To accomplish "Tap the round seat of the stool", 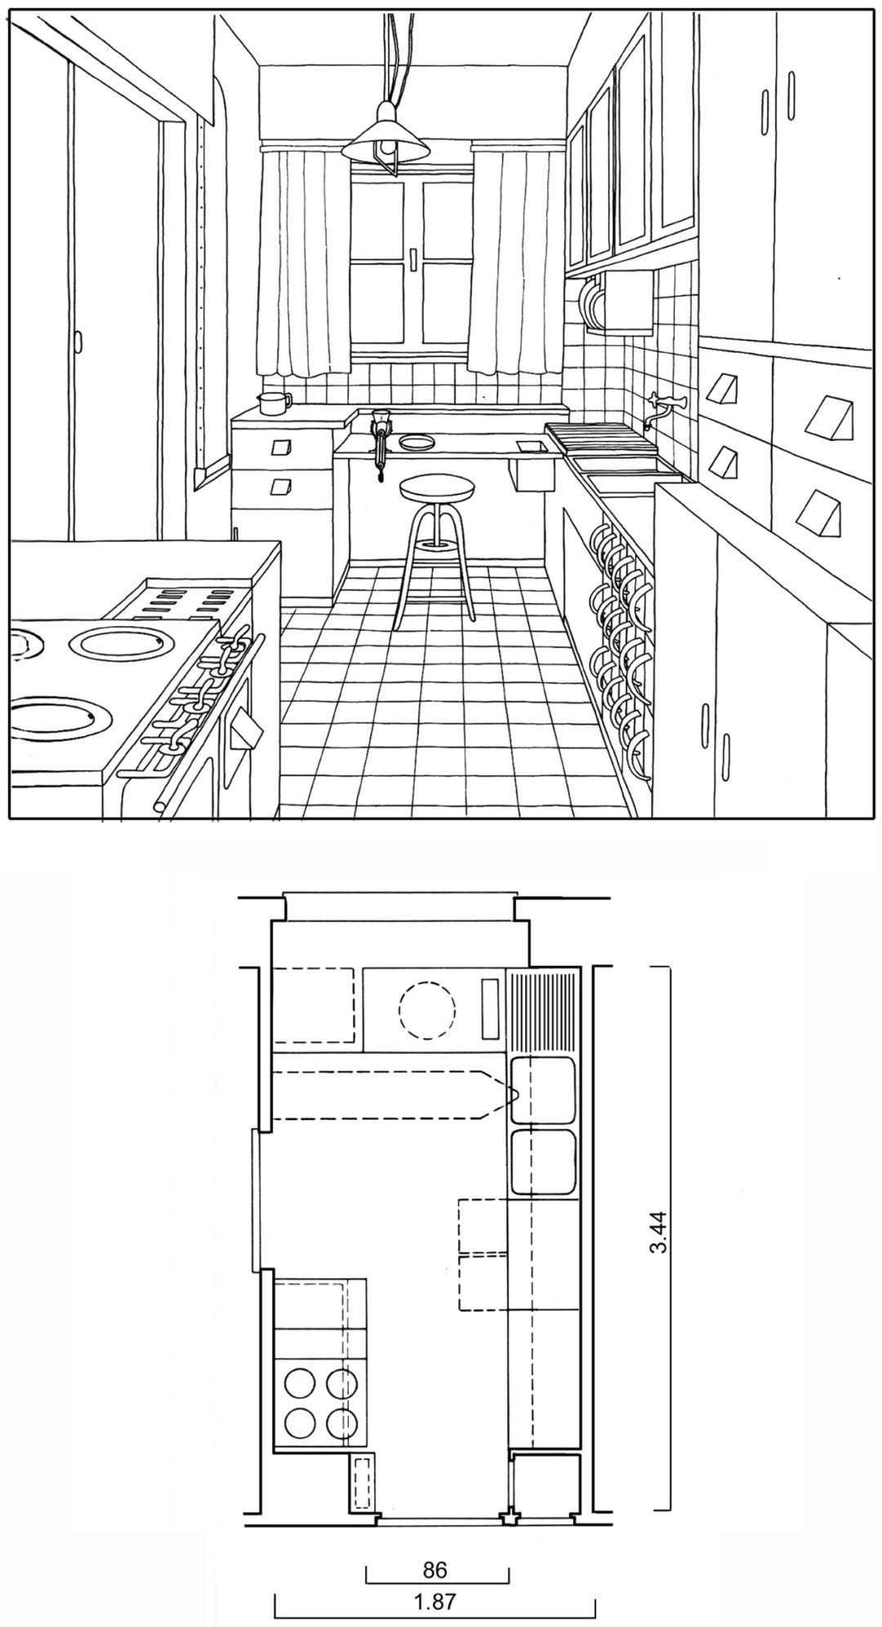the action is click(x=438, y=489).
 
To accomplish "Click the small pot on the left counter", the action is click(x=272, y=402).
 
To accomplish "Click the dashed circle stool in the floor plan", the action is click(x=427, y=1010).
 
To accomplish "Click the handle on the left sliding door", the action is click(x=79, y=343).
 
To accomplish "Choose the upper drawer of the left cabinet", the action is click(x=283, y=447).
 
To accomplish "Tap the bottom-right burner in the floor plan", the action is click(x=342, y=1424).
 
